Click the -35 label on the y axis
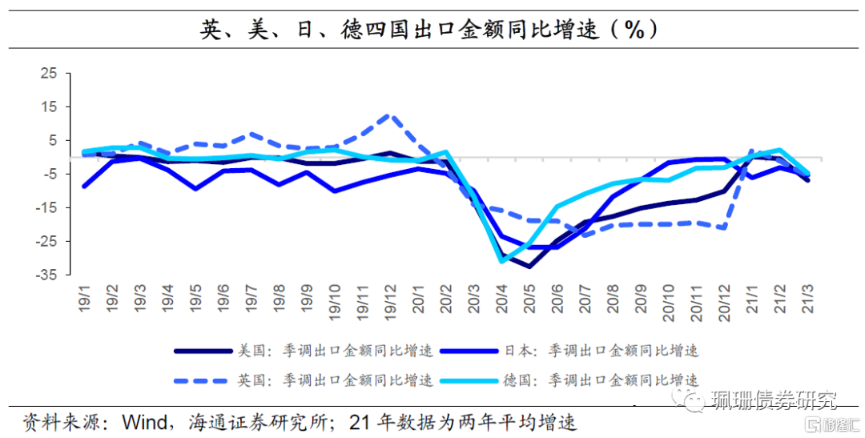click(46, 275)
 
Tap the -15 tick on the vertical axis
click(46, 207)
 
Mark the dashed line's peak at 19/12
click(389, 115)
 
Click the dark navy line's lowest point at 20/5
click(529, 266)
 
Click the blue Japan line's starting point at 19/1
click(84, 187)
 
